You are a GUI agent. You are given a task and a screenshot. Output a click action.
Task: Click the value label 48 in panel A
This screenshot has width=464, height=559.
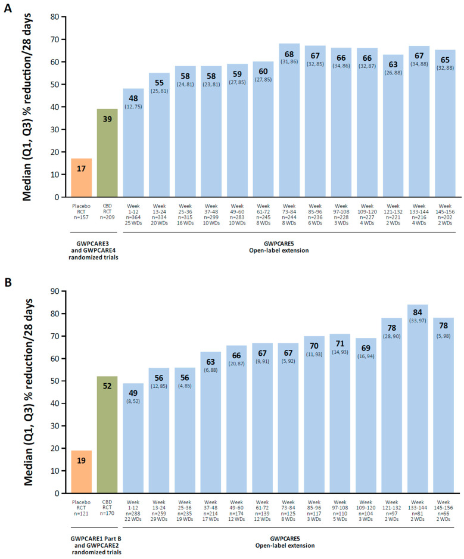[133, 98]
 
